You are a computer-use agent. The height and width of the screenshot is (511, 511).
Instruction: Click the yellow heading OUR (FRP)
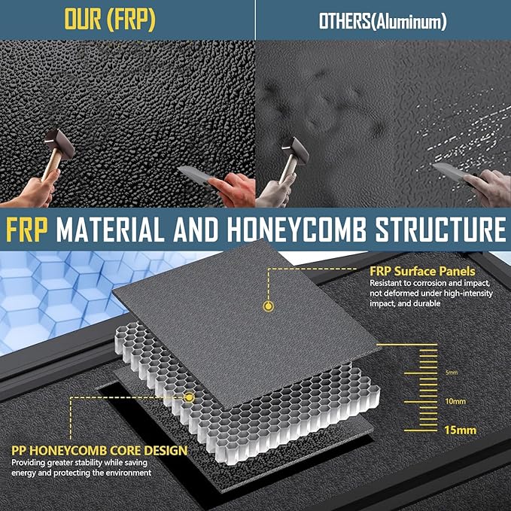[110, 20]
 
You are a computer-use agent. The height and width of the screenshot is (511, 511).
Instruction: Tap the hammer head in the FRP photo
[59, 144]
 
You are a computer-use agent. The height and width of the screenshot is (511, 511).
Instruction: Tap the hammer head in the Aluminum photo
[295, 151]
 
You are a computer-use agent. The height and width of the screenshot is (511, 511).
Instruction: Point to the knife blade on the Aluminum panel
[448, 171]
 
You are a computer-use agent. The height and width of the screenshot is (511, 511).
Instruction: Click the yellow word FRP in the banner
[27, 230]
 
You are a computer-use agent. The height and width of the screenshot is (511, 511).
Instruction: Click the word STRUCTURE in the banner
[440, 230]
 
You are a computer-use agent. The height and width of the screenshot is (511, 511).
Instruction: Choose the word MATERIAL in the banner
[110, 230]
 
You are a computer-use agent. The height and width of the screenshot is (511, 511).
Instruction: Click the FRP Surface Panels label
[422, 271]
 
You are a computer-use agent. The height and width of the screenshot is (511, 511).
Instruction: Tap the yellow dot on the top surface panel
[268, 306]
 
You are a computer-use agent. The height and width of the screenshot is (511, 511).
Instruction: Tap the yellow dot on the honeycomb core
[189, 397]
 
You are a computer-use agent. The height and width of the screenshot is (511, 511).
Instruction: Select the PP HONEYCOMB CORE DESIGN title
[99, 450]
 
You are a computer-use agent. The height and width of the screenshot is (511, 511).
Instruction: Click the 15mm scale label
[460, 430]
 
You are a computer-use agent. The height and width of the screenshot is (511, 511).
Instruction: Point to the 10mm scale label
[455, 401]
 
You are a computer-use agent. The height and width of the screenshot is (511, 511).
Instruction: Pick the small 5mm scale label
[452, 373]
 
